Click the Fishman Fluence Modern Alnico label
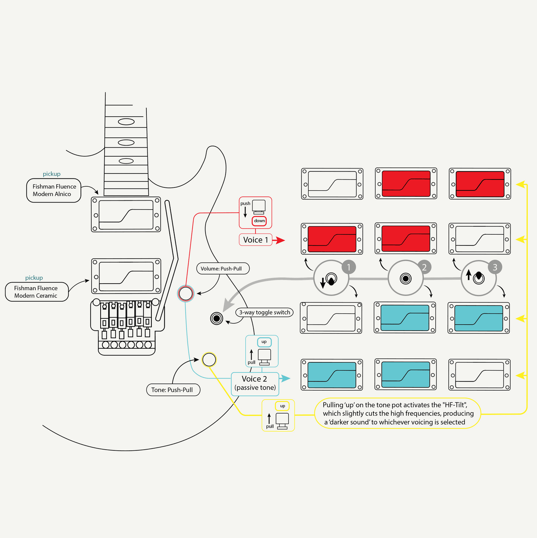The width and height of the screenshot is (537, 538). pyautogui.click(x=54, y=190)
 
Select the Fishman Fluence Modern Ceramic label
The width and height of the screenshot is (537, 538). pyautogui.click(x=36, y=292)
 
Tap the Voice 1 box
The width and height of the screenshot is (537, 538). pyautogui.click(x=255, y=240)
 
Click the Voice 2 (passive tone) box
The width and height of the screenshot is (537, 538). pyautogui.click(x=255, y=383)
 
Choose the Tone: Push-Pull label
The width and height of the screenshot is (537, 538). pyautogui.click(x=173, y=390)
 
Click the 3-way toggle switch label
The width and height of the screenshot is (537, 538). pyautogui.click(x=265, y=312)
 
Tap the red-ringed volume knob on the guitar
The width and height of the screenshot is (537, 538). pyautogui.click(x=185, y=293)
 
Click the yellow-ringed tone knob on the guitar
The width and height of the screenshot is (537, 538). pyautogui.click(x=209, y=360)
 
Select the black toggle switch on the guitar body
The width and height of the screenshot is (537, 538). pyautogui.click(x=217, y=318)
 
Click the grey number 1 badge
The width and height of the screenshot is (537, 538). pyautogui.click(x=349, y=267)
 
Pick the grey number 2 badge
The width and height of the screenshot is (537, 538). pyautogui.click(x=424, y=267)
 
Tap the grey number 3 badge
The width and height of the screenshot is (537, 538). pyautogui.click(x=495, y=267)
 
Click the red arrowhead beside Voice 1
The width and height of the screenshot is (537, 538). pyautogui.click(x=280, y=240)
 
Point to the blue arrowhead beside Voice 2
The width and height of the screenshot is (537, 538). pyautogui.click(x=285, y=378)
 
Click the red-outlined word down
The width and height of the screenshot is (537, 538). pyautogui.click(x=259, y=221)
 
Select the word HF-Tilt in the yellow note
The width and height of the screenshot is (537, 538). pyautogui.click(x=455, y=405)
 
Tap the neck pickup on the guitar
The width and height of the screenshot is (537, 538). pyautogui.click(x=126, y=215)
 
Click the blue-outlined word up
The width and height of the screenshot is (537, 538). pyautogui.click(x=264, y=342)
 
